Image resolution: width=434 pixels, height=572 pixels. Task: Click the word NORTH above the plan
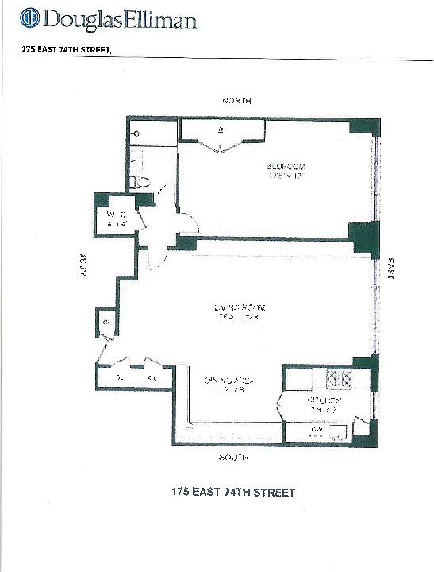[236, 101]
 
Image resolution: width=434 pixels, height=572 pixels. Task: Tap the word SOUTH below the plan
[234, 458]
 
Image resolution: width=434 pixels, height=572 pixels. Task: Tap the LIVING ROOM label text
[237, 307]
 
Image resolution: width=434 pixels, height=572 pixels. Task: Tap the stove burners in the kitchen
[340, 379]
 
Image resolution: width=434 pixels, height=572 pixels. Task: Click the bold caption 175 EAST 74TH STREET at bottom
[232, 493]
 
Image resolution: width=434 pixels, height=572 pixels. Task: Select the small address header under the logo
[67, 48]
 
